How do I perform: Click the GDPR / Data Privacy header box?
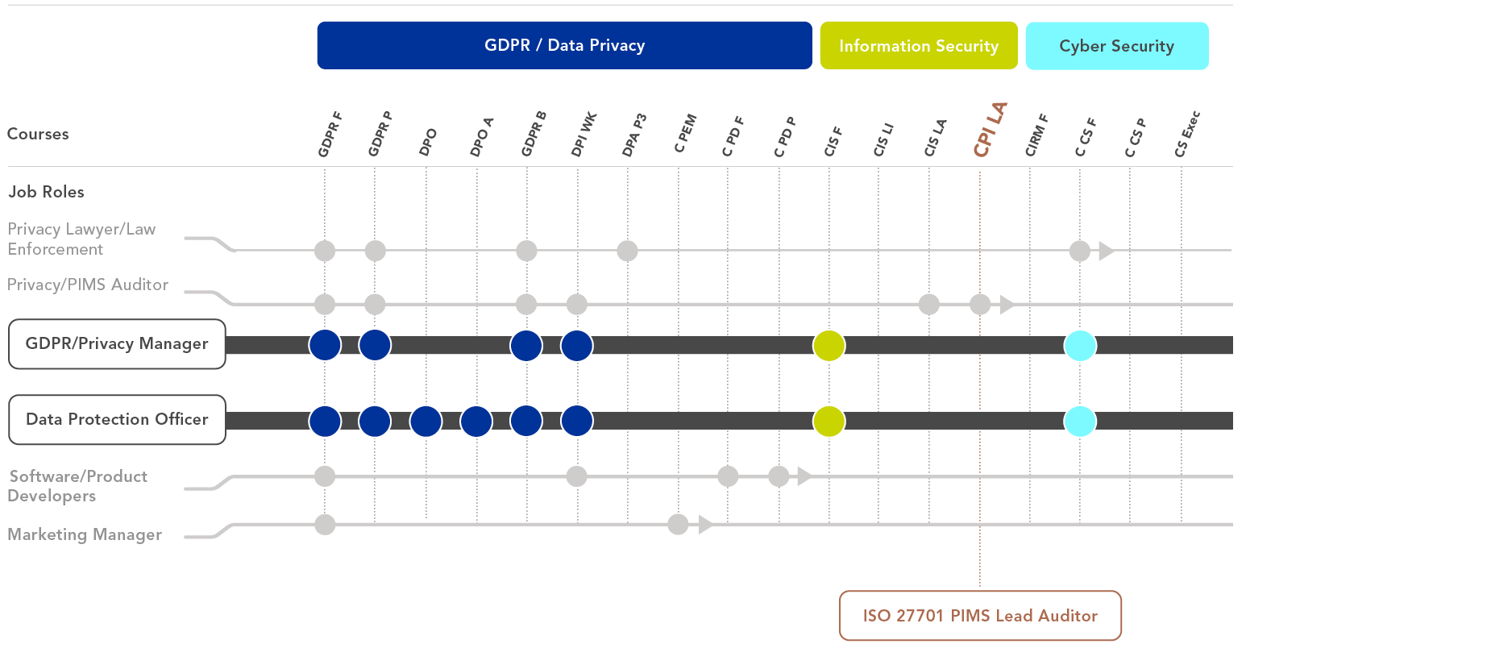[564, 45]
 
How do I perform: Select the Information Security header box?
[919, 46]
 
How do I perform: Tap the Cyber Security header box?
[1117, 46]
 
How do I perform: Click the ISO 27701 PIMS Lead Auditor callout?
[980, 616]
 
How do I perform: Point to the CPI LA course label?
[991, 129]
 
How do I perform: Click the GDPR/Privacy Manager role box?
[117, 344]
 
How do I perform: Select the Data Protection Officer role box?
[117, 419]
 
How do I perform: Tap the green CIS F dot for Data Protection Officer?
[829, 421]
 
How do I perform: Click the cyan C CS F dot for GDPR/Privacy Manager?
[1080, 346]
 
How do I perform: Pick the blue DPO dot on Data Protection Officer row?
[426, 421]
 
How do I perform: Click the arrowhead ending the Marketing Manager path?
[706, 525]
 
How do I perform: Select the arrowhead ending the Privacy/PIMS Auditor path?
[1007, 305]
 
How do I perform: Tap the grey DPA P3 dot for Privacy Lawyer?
[627, 251]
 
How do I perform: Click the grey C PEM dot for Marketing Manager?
[678, 525]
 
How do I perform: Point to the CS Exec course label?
[1187, 134]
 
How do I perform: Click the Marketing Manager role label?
[85, 534]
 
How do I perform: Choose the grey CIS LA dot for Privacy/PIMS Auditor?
[929, 305]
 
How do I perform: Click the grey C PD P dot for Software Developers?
[779, 476]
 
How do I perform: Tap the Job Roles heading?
[46, 192]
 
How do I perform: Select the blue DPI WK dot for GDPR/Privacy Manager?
[577, 346]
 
